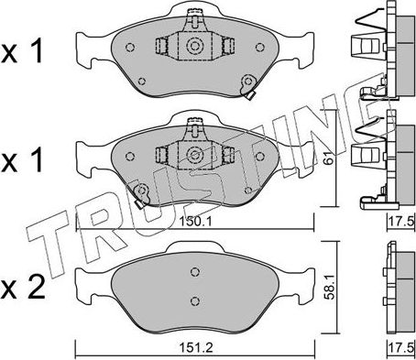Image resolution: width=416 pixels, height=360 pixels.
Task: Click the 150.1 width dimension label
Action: click(x=195, y=222)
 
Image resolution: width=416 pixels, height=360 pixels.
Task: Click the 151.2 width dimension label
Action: click(x=195, y=347)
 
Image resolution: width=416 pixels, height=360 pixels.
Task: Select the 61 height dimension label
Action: click(x=329, y=158)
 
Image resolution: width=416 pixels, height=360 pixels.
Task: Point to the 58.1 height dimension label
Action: click(x=330, y=287)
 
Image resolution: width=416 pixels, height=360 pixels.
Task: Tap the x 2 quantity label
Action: click(x=23, y=288)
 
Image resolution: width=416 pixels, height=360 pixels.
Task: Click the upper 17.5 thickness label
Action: click(x=400, y=221)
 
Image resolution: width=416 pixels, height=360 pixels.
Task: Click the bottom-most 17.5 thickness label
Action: click(x=400, y=347)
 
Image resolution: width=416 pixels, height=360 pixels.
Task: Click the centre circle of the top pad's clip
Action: click(x=194, y=47)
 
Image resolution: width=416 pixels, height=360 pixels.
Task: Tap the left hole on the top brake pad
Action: click(x=130, y=48)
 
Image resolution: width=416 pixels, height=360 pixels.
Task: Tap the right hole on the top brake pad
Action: click(x=260, y=48)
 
